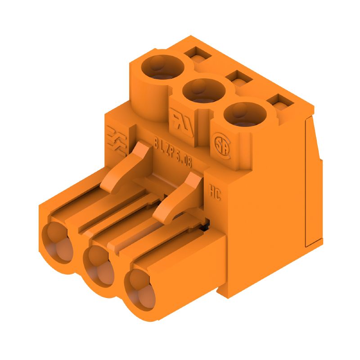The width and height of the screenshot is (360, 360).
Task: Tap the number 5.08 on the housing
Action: (x=183, y=160)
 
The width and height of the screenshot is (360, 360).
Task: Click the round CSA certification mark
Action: (x=221, y=144)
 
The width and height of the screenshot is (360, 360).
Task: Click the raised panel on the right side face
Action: (x=314, y=180)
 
